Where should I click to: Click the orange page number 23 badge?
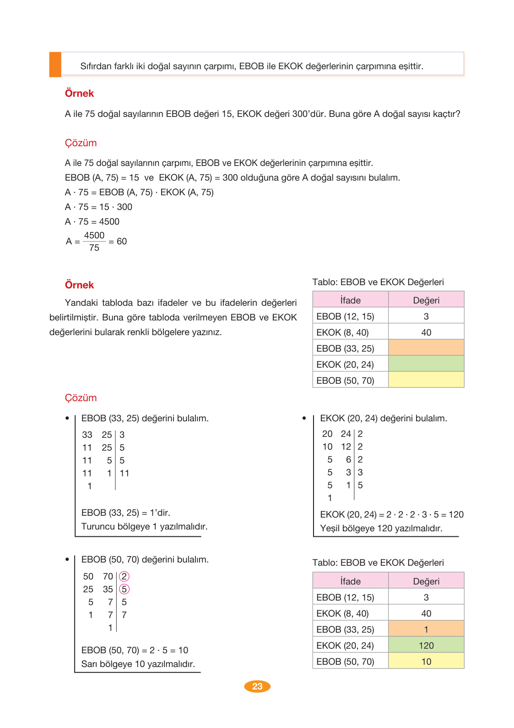pyautogui.click(x=257, y=686)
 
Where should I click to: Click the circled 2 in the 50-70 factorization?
pyautogui.click(x=124, y=576)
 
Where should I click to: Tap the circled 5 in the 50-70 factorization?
pyautogui.click(x=124, y=589)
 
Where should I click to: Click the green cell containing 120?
pyautogui.click(x=426, y=645)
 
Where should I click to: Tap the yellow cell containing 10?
pyautogui.click(x=426, y=661)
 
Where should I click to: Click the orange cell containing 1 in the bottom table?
pyautogui.click(x=426, y=629)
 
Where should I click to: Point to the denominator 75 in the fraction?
pyautogui.click(x=94, y=248)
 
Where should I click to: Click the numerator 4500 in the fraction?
pyautogui.click(x=94, y=235)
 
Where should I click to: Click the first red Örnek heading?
pyautogui.click(x=79, y=94)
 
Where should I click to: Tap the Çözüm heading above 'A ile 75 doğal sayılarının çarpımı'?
pyautogui.click(x=81, y=143)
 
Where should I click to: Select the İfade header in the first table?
pyautogui.click(x=350, y=300)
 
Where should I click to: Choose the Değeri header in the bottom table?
pyautogui.click(x=426, y=581)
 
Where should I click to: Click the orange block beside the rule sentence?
pyautogui.click(x=55, y=65)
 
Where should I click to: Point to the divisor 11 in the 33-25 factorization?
pyautogui.click(x=124, y=473)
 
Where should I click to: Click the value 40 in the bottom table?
pyautogui.click(x=426, y=613)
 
